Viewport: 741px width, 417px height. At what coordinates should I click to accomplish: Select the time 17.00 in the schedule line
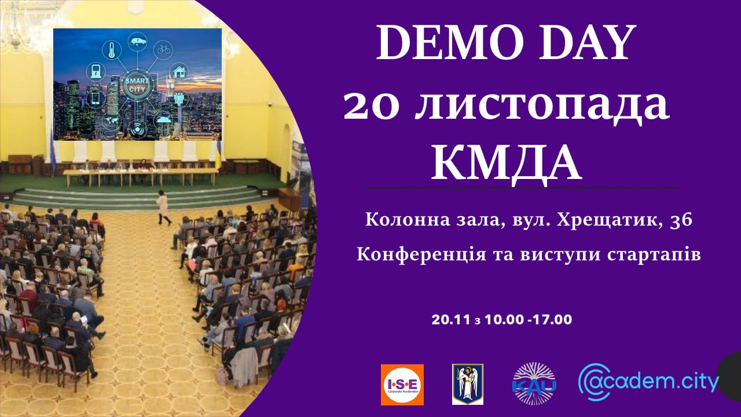tap(552, 320)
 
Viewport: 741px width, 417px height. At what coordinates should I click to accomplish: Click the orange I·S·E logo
tap(402, 385)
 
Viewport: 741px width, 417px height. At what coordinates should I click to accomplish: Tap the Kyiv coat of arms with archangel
tap(468, 384)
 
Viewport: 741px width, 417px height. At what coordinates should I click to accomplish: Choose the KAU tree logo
tap(534, 384)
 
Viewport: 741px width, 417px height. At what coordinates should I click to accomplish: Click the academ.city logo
tap(648, 382)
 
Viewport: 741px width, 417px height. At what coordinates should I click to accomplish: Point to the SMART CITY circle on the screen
tap(138, 85)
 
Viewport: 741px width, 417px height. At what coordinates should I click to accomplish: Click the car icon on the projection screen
tap(138, 42)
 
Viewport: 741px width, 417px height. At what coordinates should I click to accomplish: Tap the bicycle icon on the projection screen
tap(164, 50)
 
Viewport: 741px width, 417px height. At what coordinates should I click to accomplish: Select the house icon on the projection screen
tap(179, 71)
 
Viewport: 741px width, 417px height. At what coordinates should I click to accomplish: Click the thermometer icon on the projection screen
tap(112, 50)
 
